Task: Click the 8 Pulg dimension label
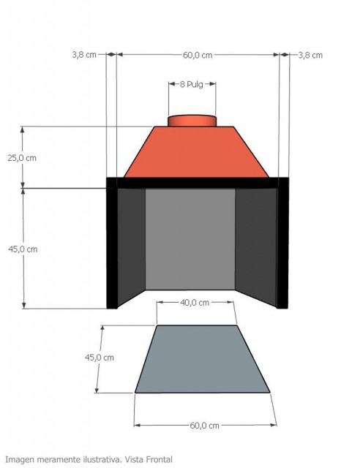click(192, 85)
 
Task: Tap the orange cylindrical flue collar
click(192, 120)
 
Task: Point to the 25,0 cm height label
click(22, 157)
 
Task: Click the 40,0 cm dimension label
click(195, 302)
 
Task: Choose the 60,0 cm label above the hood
click(198, 55)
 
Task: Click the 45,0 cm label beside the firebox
click(22, 249)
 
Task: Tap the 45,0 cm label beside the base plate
click(100, 358)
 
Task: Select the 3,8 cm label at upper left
click(84, 55)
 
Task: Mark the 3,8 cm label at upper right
click(310, 55)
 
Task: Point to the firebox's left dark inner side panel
click(131, 245)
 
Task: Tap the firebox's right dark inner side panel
click(255, 245)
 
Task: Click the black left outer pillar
click(112, 249)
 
